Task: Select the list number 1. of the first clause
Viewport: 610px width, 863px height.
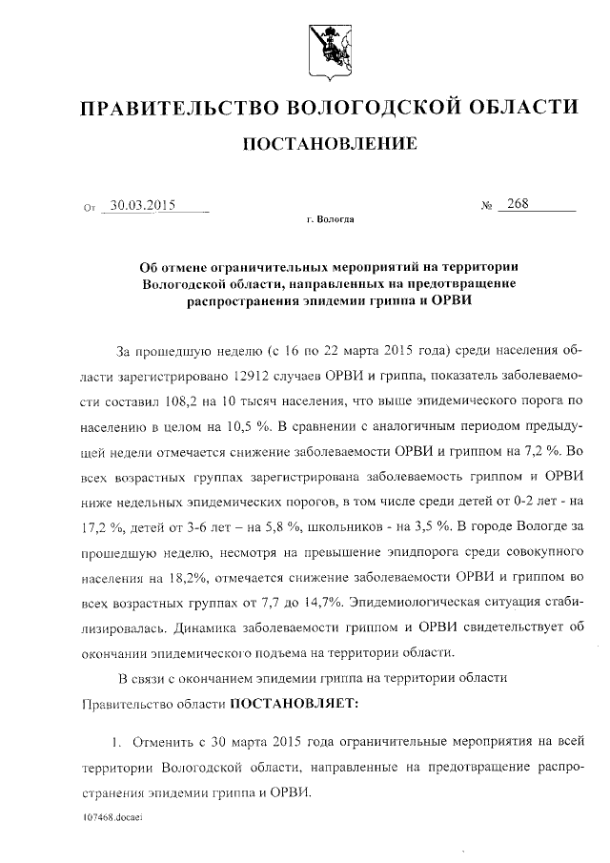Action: (117, 742)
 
